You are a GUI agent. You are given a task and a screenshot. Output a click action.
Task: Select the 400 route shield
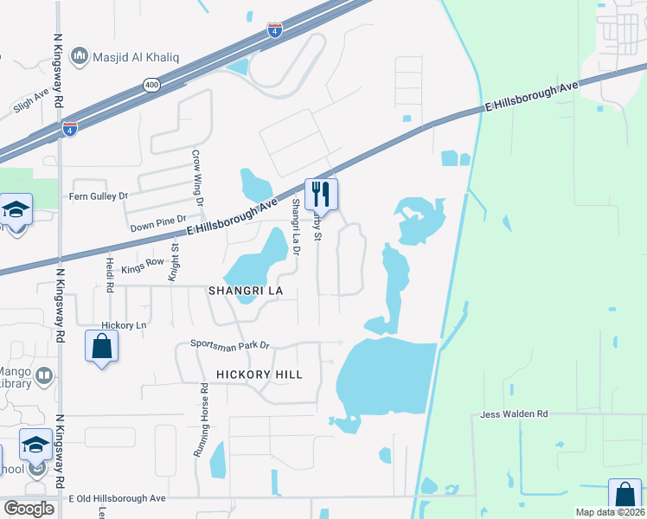[152, 85]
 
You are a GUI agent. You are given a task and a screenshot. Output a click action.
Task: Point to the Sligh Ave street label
[31, 104]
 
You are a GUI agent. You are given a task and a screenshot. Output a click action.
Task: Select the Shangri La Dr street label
[296, 227]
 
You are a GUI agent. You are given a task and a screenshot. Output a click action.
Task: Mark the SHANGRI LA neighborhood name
[246, 291]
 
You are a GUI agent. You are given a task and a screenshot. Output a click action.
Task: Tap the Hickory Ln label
[119, 325]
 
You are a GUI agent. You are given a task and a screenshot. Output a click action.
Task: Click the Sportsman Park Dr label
[230, 345]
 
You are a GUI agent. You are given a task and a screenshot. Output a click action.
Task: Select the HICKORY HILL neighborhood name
[259, 375]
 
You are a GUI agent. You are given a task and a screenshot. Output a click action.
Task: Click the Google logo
[29, 508]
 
